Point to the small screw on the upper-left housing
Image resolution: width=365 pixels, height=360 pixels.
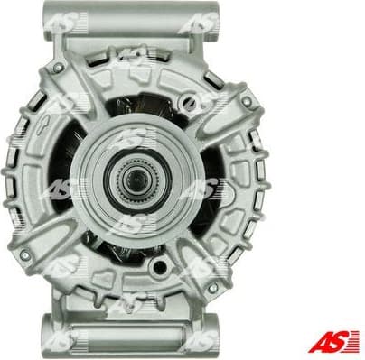(x=60, y=67)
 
